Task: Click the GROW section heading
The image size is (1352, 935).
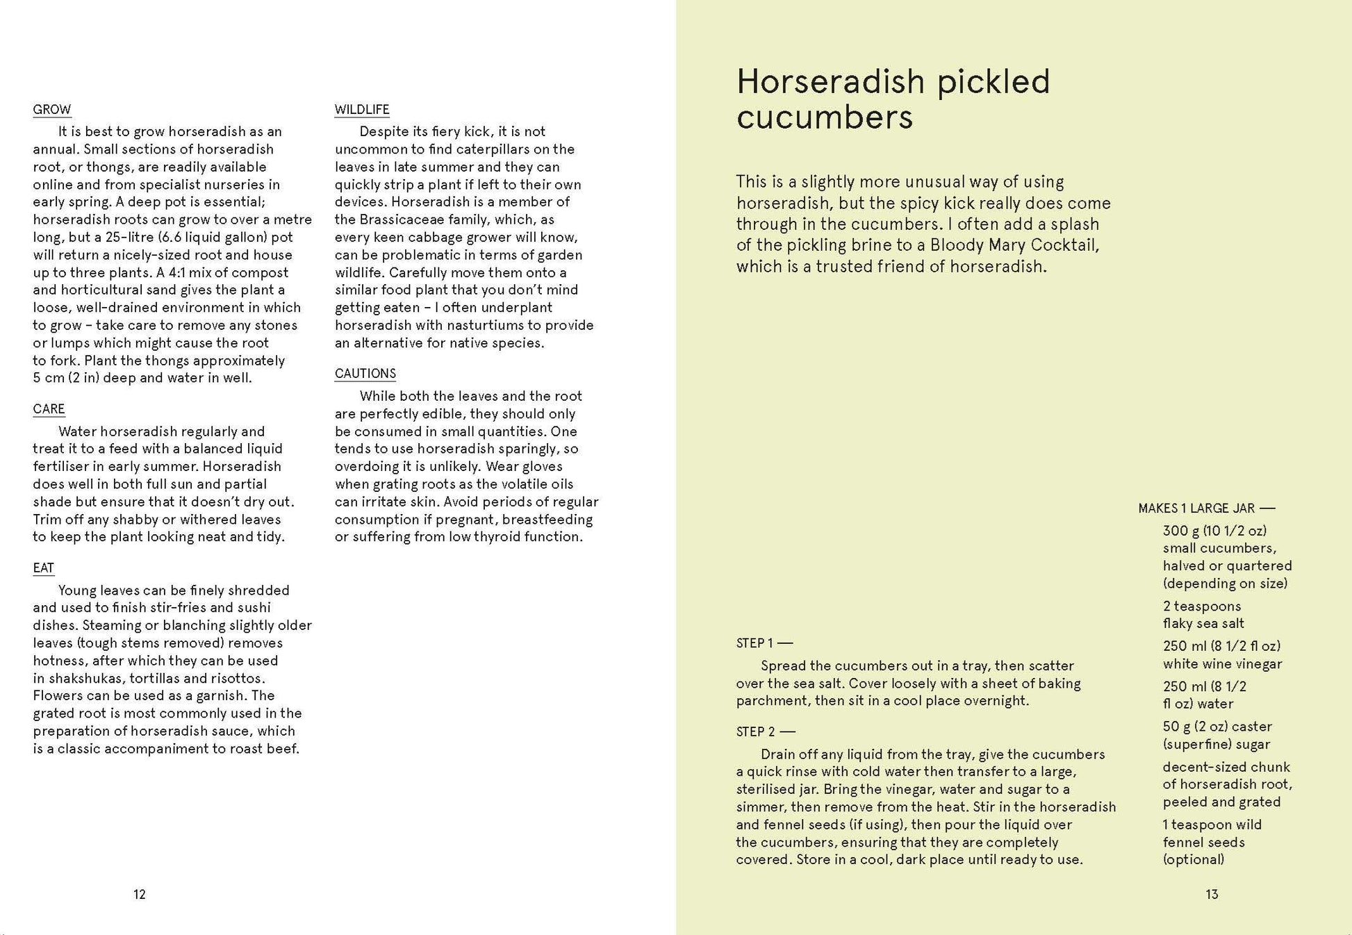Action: pyautogui.click(x=52, y=110)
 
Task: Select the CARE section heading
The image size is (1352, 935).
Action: pyautogui.click(x=49, y=409)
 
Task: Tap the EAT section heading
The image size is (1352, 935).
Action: pyautogui.click(x=43, y=568)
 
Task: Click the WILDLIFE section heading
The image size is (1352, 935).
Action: pyautogui.click(x=362, y=110)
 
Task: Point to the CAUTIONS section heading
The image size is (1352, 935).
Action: pyautogui.click(x=365, y=374)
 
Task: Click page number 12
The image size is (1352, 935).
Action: pyautogui.click(x=140, y=895)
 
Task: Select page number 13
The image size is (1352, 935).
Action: pyautogui.click(x=1212, y=895)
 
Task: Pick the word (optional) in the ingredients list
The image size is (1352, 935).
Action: pyautogui.click(x=1194, y=859)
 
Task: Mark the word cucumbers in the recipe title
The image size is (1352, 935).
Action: pyautogui.click(x=825, y=117)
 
